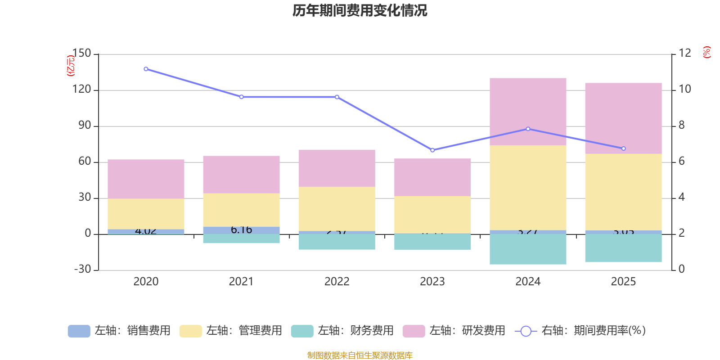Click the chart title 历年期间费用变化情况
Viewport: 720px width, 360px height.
click(360, 10)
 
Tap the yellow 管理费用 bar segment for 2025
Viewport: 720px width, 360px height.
click(623, 192)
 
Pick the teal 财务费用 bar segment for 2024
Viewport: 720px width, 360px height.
click(528, 249)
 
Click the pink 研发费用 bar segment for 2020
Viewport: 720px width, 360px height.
click(146, 179)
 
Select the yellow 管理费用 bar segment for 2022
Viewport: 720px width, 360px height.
click(337, 209)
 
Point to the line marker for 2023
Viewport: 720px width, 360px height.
click(432, 150)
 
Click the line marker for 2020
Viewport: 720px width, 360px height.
click(146, 69)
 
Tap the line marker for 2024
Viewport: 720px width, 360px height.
click(528, 129)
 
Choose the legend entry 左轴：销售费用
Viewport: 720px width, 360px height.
click(119, 331)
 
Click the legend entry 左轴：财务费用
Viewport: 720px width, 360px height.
click(342, 331)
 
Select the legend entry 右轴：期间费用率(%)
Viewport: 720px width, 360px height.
click(580, 331)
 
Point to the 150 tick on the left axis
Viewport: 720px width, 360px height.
click(81, 54)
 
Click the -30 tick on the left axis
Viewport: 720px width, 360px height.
click(82, 269)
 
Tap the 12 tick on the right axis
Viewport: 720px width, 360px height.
click(685, 53)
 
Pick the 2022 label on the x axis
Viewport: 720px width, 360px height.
click(337, 282)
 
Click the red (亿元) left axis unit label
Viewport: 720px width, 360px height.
click(70, 66)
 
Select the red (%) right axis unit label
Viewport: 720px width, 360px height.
click(706, 52)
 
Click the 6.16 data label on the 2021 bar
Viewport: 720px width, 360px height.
click(241, 230)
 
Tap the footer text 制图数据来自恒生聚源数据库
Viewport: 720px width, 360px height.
click(360, 355)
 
